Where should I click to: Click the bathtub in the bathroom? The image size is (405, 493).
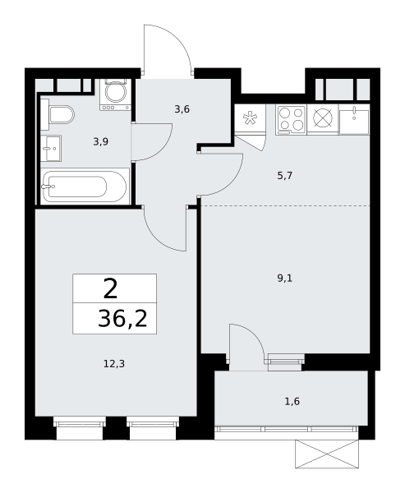85,187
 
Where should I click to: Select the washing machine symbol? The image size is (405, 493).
115,94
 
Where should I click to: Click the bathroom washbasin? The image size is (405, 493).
51,148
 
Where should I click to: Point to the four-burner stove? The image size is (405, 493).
291,121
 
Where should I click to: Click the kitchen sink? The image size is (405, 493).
354,122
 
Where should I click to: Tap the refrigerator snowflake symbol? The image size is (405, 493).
250,118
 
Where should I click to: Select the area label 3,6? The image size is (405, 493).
182,109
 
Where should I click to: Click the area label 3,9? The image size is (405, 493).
100,142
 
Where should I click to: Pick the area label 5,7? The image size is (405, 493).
285,176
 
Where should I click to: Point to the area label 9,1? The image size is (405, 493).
285,279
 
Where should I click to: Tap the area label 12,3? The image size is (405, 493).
114,364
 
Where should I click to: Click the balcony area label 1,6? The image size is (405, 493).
292,402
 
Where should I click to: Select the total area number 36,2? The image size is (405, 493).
122,319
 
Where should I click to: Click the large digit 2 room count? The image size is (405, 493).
110,289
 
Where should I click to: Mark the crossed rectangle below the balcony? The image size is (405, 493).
327,454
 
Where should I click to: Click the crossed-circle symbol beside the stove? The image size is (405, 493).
323,118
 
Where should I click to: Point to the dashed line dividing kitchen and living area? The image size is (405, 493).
286,206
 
